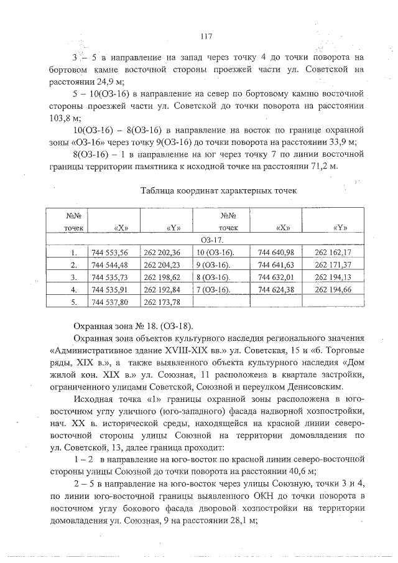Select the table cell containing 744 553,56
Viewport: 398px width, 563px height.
click(x=109, y=253)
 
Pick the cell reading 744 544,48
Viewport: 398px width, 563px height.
click(x=109, y=265)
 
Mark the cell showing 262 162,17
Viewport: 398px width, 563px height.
click(x=333, y=253)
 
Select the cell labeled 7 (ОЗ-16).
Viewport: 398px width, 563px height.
click(x=213, y=290)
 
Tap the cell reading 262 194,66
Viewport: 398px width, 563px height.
click(x=333, y=290)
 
